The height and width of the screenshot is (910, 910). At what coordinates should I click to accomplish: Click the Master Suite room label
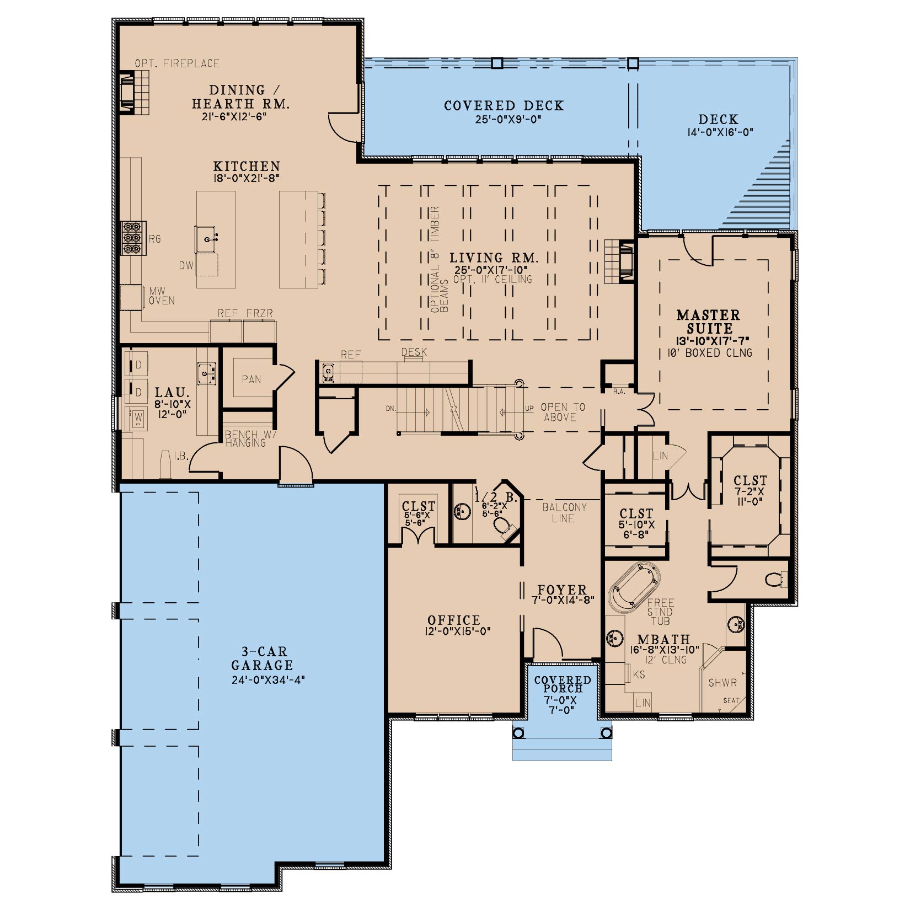(x=708, y=322)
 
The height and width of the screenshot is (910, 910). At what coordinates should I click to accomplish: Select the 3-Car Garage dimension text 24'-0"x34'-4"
(x=269, y=679)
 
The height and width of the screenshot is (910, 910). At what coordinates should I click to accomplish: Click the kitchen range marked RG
(x=133, y=238)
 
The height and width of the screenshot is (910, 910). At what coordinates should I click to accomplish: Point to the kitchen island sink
(x=208, y=238)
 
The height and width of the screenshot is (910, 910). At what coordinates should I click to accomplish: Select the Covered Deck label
(x=504, y=105)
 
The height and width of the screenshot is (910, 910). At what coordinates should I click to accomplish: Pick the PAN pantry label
(x=251, y=379)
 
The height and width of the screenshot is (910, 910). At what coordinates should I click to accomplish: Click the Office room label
(x=454, y=620)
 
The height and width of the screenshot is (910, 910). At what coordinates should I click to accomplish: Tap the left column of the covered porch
(x=518, y=733)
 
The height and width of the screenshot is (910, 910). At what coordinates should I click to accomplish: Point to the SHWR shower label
(x=722, y=683)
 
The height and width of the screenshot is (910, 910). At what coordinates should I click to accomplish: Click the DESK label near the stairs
(x=414, y=352)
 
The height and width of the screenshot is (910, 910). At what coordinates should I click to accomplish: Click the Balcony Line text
(x=564, y=512)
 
